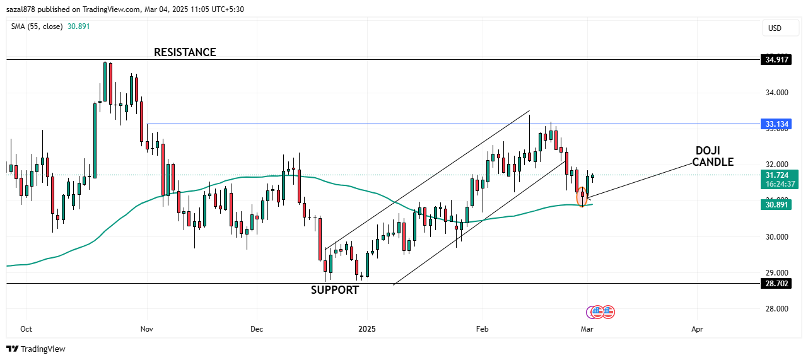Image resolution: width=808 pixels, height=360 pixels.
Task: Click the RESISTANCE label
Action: [185, 52]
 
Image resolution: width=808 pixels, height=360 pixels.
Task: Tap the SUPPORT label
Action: [334, 290]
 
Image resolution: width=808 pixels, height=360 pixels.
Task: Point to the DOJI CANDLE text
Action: [713, 156]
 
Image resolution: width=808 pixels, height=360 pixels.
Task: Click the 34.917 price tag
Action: [776, 60]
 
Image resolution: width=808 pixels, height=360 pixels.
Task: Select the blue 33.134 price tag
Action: [776, 124]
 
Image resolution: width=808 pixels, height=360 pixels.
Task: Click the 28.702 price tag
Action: [776, 284]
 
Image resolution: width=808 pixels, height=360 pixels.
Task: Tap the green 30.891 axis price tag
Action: [776, 204]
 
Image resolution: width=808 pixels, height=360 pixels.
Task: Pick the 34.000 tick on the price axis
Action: [776, 93]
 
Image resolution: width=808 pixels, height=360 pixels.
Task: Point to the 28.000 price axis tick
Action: [776, 309]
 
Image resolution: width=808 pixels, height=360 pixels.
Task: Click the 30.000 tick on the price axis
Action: [776, 237]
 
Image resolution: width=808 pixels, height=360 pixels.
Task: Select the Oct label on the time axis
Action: [26, 329]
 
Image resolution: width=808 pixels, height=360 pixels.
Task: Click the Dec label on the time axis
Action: [256, 329]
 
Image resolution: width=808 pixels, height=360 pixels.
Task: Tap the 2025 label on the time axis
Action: [367, 329]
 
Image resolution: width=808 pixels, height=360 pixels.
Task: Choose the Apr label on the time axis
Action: [697, 329]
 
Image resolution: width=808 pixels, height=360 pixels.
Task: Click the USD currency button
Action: [774, 28]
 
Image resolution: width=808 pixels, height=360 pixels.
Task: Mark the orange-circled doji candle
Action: [582, 197]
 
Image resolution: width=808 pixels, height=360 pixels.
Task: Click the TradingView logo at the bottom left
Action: [36, 349]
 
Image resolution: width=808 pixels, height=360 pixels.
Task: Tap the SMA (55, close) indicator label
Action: [37, 26]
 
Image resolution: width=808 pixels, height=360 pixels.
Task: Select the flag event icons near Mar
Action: [601, 311]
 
